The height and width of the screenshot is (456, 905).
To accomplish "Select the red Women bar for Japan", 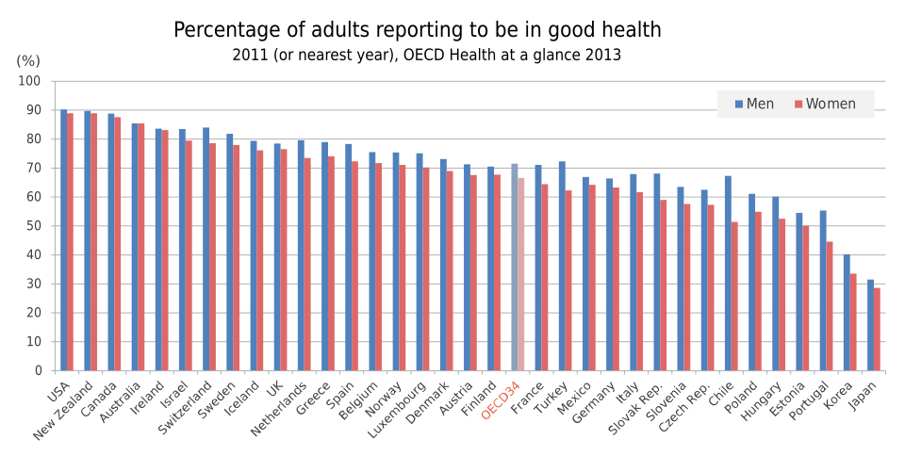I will point(877,329).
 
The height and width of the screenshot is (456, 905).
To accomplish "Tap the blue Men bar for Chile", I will point(728,273).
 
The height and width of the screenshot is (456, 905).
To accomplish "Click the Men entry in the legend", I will point(754,104).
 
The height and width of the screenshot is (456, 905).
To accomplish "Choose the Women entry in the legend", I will point(825,104).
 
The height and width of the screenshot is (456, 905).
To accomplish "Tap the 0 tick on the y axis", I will point(37,370).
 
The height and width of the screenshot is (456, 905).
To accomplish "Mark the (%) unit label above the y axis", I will point(28,60).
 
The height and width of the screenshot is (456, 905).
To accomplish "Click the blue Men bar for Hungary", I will point(775,284).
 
